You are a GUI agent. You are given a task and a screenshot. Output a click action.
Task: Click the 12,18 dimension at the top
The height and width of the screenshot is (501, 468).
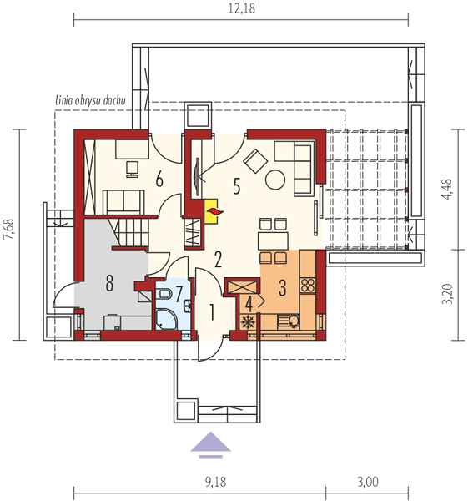click(242, 8)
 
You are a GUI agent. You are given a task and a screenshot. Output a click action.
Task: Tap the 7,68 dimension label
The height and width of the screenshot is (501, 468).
click(8, 230)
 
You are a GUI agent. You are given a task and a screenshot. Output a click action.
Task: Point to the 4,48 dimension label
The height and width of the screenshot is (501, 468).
click(447, 190)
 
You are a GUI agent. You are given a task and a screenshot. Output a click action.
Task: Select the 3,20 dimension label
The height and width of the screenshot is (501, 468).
click(447, 294)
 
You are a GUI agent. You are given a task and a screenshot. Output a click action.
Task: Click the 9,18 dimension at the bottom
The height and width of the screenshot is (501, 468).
click(216, 482)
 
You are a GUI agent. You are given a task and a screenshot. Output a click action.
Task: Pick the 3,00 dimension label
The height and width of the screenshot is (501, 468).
click(368, 482)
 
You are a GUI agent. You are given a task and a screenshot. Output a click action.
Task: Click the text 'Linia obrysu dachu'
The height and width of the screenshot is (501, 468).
click(90, 100)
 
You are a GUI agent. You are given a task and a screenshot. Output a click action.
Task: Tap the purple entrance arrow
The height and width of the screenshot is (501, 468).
click(210, 445)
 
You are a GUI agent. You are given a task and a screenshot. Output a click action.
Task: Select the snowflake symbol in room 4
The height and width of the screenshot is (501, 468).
click(247, 322)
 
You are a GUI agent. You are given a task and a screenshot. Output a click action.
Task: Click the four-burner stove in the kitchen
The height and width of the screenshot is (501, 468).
click(308, 285)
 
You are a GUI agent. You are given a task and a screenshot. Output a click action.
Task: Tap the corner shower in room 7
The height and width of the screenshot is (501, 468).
click(166, 319)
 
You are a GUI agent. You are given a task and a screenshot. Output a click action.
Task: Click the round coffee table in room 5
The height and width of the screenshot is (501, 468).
click(274, 180)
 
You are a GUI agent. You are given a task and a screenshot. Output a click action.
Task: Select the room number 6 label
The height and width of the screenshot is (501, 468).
click(159, 179)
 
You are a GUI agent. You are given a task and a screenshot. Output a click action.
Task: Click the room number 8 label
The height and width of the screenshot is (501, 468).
click(109, 283)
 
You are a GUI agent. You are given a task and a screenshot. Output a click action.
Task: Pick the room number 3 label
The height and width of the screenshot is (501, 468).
click(282, 287)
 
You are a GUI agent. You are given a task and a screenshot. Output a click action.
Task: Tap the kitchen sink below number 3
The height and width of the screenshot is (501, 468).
click(289, 321)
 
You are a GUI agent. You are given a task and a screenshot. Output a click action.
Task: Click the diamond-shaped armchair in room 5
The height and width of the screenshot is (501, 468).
click(255, 161)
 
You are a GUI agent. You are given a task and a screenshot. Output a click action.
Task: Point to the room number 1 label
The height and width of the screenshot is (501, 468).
click(211, 312)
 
